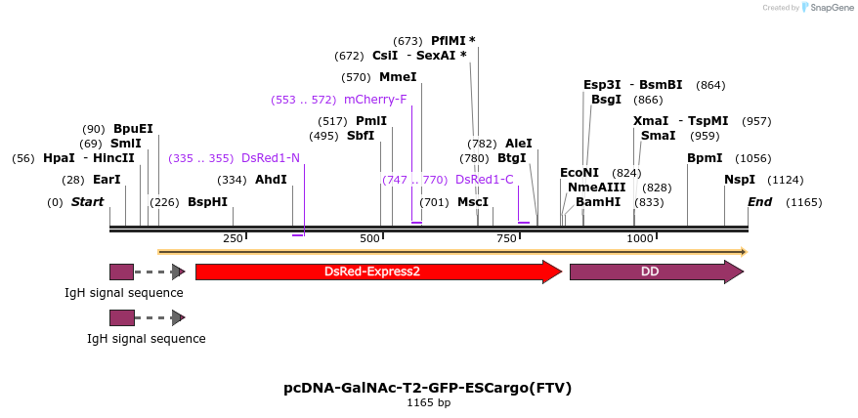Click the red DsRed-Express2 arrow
point(378,272)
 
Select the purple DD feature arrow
point(657,272)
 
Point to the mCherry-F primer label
point(375,100)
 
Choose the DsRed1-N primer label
point(271,158)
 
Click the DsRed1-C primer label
point(485,180)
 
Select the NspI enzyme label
point(740,180)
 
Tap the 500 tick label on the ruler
point(369,238)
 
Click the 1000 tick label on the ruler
point(640,238)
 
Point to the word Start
point(87,202)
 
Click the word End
point(760,202)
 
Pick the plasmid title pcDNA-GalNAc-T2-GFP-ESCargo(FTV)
point(428,389)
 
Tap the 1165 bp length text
point(428,403)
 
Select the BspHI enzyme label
point(207,202)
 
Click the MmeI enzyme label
point(398,77)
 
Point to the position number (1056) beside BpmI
point(752,158)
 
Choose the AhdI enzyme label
point(271,180)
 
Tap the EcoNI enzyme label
point(579,173)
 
